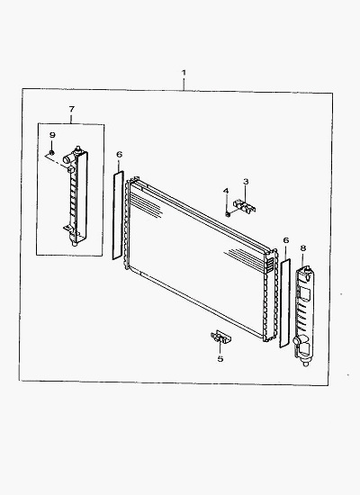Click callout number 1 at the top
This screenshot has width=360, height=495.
tap(184, 73)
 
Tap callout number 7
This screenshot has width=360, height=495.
tap(72, 109)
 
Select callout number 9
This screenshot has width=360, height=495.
tap(52, 135)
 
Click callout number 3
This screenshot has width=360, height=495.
tap(246, 182)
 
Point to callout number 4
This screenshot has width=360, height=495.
tap(226, 191)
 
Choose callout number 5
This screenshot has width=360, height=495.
tap(220, 359)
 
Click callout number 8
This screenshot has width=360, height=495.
tap(303, 248)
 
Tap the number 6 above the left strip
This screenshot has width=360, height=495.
tap(119, 155)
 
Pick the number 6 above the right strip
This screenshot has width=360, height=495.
tap(286, 240)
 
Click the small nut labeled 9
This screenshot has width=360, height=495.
tap(52, 153)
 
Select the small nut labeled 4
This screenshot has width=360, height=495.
tap(228, 215)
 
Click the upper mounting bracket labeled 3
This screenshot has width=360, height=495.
tap(246, 206)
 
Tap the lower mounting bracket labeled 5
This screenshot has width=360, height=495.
tap(220, 337)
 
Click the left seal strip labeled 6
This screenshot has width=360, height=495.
tap(118, 215)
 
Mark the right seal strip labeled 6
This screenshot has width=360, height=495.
tap(284, 303)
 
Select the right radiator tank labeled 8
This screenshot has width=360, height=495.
tap(305, 316)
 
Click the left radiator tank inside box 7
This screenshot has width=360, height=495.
tap(77, 195)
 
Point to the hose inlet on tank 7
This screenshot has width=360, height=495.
tap(67, 158)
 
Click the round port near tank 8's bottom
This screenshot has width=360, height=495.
tap(298, 341)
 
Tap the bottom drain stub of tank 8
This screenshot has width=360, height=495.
tap(305, 363)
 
